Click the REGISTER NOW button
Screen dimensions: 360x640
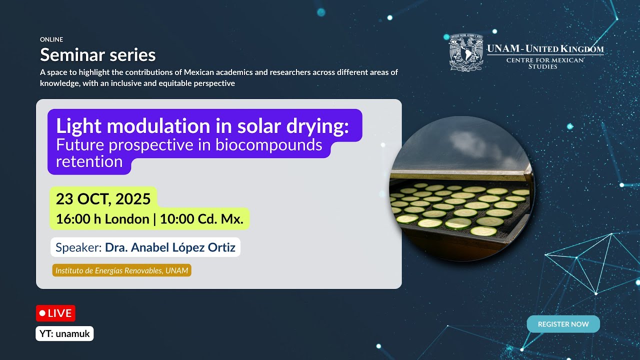(563, 324)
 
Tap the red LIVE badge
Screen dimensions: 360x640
(55, 313)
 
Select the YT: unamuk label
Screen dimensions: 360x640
(64, 333)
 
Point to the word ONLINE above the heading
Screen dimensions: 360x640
(51, 39)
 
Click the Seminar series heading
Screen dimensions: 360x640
(97, 54)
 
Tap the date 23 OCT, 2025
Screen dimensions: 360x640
(103, 199)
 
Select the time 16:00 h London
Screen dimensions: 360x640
(102, 219)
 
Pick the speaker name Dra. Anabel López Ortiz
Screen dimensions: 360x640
(170, 247)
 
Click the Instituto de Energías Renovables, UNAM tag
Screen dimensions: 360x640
(122, 270)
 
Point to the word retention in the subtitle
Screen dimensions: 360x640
(89, 161)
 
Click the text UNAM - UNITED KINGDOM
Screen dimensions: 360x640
(545, 49)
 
